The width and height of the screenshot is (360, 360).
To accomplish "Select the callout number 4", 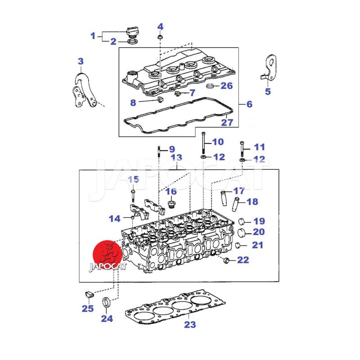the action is point(160,27).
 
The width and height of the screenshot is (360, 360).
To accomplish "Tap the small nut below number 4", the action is point(160,37).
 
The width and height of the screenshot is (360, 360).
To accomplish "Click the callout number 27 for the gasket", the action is point(227,122).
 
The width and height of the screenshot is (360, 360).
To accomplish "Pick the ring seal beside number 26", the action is point(211,86).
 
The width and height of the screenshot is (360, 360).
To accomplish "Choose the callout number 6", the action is point(249,104).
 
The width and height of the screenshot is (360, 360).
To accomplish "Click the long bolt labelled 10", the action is point(203,143).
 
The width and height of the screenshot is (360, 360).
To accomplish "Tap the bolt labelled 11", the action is point(242,149).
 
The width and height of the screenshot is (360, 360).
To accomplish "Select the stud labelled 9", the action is point(159,151).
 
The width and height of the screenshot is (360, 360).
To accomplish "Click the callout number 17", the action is point(239,191).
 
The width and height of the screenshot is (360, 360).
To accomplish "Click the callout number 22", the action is point(243,260).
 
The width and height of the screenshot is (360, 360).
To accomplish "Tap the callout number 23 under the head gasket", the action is point(190,324).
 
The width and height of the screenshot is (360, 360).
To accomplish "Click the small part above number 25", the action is point(89,294).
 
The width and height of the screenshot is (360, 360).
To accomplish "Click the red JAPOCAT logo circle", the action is point(108,255).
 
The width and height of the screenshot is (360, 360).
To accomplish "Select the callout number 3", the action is point(81,61).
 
